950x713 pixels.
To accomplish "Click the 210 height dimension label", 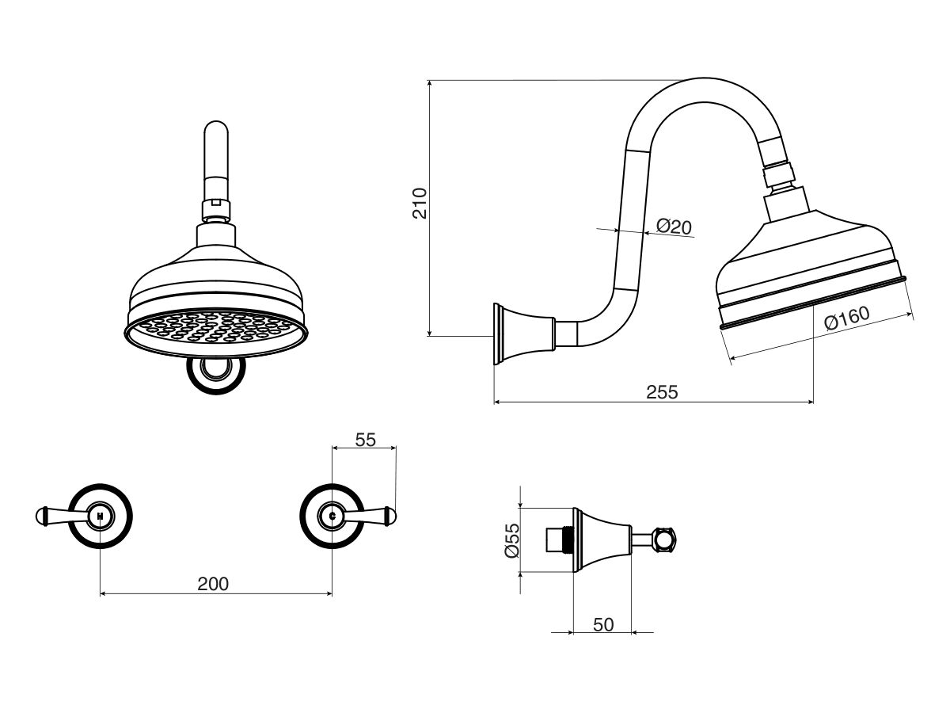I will point(420,203).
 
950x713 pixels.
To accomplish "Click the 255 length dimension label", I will point(662,391).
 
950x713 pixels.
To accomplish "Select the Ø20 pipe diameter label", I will point(674,227).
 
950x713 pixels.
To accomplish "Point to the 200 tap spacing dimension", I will point(212,584).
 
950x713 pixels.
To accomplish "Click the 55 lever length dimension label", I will point(365,440).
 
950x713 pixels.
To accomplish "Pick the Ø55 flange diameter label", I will point(512,540).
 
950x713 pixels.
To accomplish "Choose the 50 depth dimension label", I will point(603,624).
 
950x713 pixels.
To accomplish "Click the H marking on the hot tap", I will point(100,516).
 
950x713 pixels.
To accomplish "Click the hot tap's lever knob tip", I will point(41,517).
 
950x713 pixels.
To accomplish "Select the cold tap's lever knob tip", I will point(390,517).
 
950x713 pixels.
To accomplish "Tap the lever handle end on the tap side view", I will point(667,540).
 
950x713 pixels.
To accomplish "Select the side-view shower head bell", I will point(807,261).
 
